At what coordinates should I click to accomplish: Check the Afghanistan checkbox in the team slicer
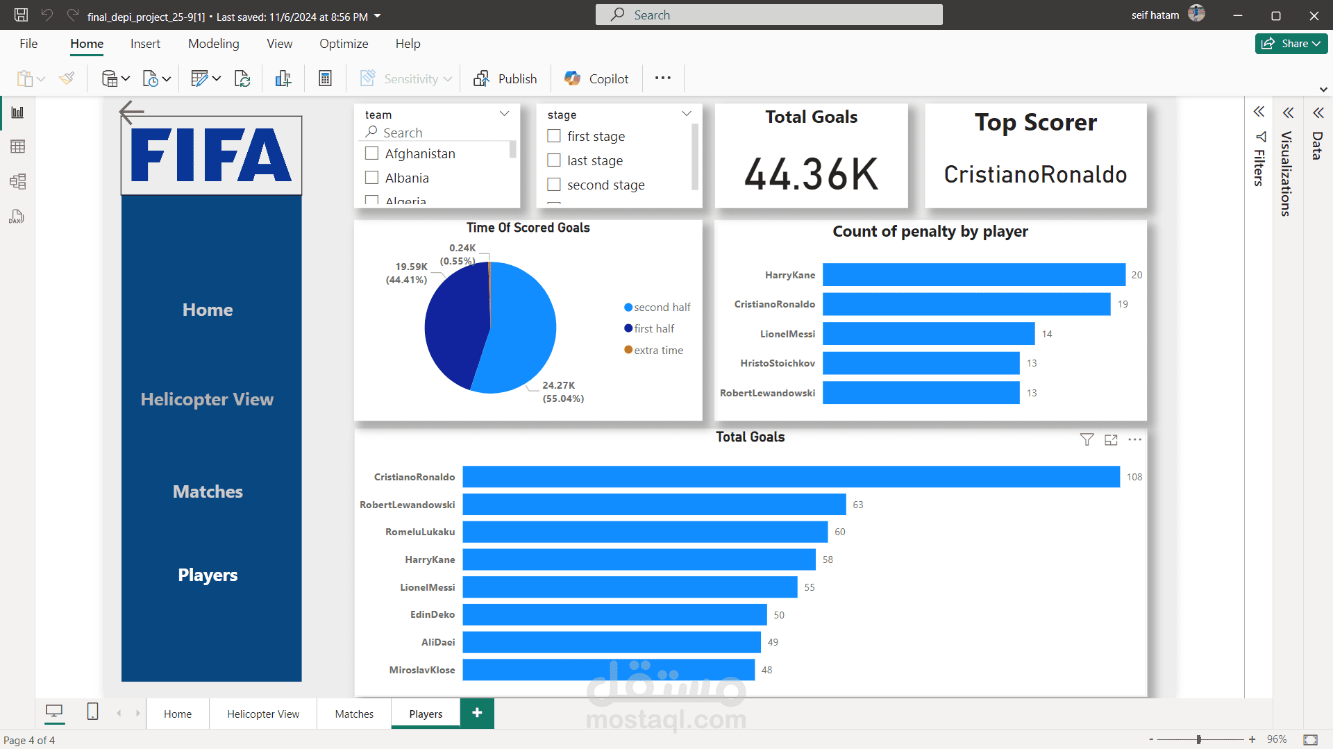coord(372,153)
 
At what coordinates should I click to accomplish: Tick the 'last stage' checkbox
coord(554,160)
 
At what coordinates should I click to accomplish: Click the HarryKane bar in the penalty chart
coord(973,275)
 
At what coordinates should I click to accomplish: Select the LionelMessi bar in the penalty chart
coord(928,334)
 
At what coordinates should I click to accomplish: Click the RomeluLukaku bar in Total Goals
coord(645,532)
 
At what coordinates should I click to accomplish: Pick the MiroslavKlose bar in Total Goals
coord(608,670)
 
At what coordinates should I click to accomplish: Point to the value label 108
coord(1134,477)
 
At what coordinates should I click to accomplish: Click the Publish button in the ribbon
coord(505,78)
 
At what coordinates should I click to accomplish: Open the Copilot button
coord(596,78)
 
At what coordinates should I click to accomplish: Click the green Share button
coord(1291,43)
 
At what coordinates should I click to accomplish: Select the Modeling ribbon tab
coord(214,44)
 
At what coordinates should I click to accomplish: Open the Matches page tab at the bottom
coord(354,714)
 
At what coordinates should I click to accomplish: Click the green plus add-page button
coord(477,713)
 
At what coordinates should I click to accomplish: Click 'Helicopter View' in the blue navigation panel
coord(207,399)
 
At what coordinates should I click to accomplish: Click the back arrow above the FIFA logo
coord(131,111)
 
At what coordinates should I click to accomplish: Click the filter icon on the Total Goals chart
coord(1087,439)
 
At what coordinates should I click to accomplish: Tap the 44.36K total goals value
coord(811,174)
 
